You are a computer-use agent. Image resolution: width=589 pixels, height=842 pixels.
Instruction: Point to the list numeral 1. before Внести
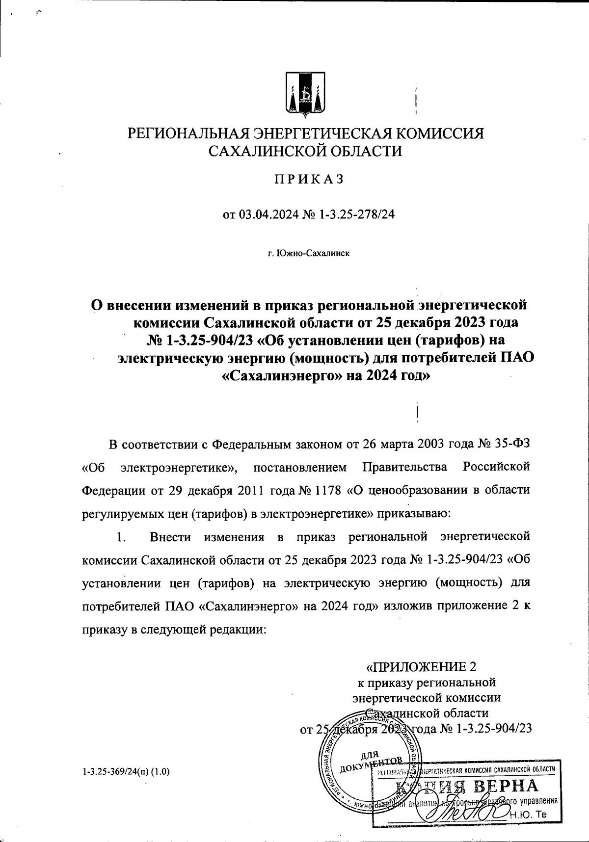121,537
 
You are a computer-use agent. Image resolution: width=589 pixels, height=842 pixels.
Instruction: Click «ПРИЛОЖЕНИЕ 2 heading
422,667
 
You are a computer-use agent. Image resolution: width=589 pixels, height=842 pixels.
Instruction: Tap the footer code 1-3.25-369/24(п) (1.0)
126,771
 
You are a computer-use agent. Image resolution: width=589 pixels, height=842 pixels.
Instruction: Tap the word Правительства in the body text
404,468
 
